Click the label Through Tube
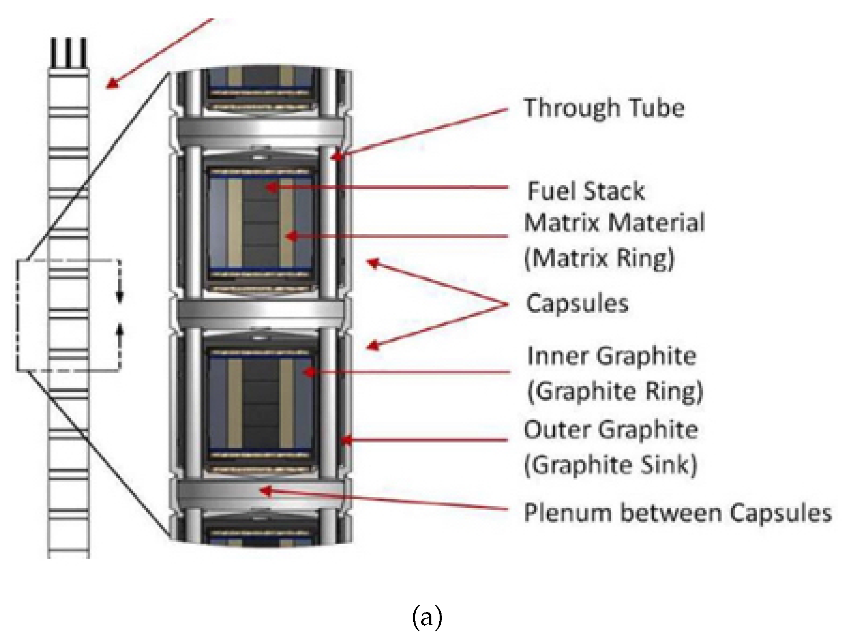click(x=604, y=108)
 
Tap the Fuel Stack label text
click(x=585, y=191)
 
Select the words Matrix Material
click(x=614, y=223)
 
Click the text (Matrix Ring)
click(x=599, y=258)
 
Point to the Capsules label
click(x=577, y=304)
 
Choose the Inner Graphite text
click(x=611, y=356)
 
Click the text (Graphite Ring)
click(x=615, y=391)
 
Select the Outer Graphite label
click(x=611, y=430)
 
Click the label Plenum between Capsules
click(x=677, y=513)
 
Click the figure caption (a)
click(x=427, y=619)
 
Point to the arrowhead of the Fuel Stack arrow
click(x=271, y=187)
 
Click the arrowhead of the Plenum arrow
click(x=265, y=490)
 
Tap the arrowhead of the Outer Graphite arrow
click(x=345, y=440)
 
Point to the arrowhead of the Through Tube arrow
click(x=334, y=157)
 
